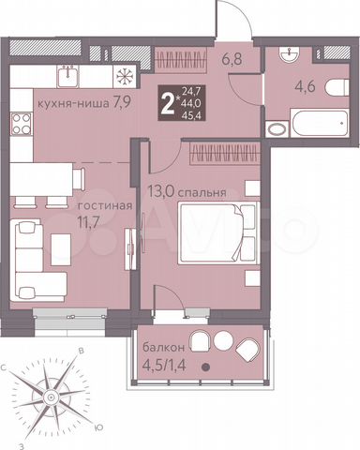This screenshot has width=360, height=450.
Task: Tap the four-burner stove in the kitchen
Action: [x=20, y=122]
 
